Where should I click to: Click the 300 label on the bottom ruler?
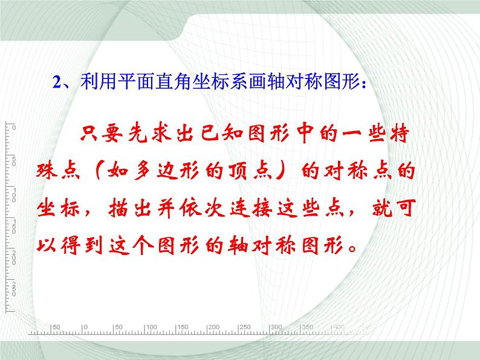[x=276, y=327]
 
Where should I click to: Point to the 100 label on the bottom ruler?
[x=152, y=327]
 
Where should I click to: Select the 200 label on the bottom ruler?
[x=214, y=327]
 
